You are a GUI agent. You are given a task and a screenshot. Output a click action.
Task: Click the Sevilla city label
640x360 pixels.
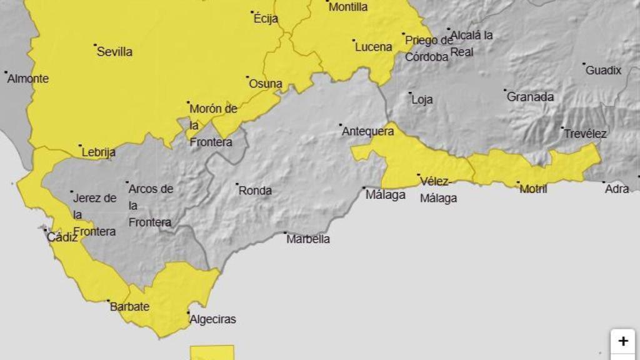tap(114, 52)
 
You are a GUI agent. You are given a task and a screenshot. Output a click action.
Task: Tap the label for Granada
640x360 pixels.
tap(530, 97)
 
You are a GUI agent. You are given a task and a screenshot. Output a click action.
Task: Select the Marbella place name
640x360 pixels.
tap(308, 239)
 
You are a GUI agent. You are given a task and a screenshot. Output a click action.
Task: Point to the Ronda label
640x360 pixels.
tap(256, 191)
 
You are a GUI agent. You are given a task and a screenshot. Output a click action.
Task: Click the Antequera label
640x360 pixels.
tap(367, 131)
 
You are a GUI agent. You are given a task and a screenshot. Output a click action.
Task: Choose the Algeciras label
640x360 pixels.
tap(212, 319)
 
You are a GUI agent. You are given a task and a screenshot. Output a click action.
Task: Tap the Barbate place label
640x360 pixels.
tap(129, 307)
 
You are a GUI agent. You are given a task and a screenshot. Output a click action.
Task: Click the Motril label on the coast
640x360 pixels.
tap(533, 189)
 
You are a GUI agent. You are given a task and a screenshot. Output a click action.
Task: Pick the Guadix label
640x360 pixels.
tap(603, 71)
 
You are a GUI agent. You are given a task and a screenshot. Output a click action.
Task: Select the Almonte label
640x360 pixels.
tap(28, 79)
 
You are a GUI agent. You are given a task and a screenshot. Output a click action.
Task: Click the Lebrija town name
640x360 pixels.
tap(99, 152)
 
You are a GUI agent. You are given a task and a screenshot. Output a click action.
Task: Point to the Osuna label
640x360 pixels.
tap(266, 83)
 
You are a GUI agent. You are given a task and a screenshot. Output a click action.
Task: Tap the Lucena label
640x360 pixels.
tap(373, 47)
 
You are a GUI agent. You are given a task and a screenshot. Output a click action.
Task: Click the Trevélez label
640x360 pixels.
tap(585, 133)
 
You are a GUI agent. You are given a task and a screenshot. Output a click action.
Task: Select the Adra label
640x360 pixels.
tap(617, 188)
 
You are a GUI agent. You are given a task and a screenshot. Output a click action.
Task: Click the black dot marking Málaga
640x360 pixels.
tap(364, 187)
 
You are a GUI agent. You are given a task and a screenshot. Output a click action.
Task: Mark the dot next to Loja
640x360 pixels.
tap(411, 93)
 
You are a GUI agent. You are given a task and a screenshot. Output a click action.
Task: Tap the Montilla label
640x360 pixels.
tap(347, 7)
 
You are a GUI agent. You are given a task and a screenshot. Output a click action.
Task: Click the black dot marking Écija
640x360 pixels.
tap(252, 12)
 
